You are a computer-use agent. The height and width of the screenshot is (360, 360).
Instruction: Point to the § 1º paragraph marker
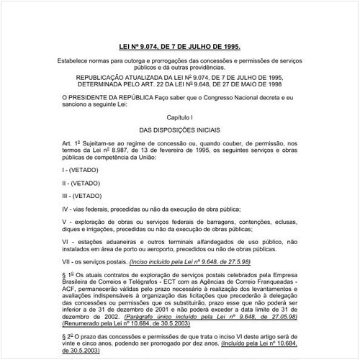point(68,276)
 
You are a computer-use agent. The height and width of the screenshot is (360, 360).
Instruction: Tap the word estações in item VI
point(91,243)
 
